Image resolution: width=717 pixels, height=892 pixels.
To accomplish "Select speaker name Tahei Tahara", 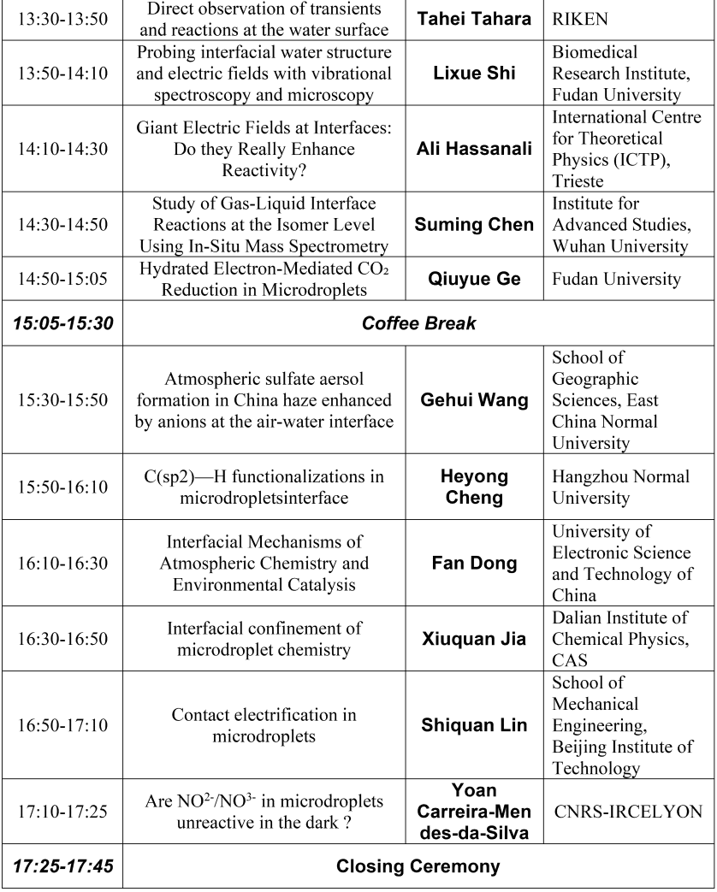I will pyautogui.click(x=474, y=19).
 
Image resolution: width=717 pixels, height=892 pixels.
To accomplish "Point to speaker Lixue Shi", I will pyautogui.click(x=474, y=74).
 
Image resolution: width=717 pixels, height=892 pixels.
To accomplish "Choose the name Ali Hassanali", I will pyautogui.click(x=474, y=149).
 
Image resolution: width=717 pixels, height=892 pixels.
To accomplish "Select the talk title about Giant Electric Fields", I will pyautogui.click(x=264, y=149).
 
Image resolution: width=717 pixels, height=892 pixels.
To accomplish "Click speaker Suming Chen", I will pyautogui.click(x=474, y=225).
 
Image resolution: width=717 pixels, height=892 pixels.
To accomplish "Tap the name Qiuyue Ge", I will pyautogui.click(x=474, y=279).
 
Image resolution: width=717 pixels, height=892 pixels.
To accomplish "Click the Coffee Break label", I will pyautogui.click(x=418, y=325).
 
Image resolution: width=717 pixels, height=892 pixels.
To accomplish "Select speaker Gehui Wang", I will pyautogui.click(x=474, y=399).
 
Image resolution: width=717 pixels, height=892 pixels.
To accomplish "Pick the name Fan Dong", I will pyautogui.click(x=474, y=563).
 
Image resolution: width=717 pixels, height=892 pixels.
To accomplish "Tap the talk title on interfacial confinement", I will pyautogui.click(x=264, y=639).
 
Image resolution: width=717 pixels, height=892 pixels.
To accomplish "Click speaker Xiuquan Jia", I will pyautogui.click(x=474, y=639).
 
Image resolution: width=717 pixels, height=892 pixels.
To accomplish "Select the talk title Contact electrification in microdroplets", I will pyautogui.click(x=264, y=725).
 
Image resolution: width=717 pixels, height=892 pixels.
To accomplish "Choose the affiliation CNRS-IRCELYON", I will pyautogui.click(x=628, y=810).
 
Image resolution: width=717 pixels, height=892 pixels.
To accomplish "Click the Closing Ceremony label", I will pyautogui.click(x=418, y=866).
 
